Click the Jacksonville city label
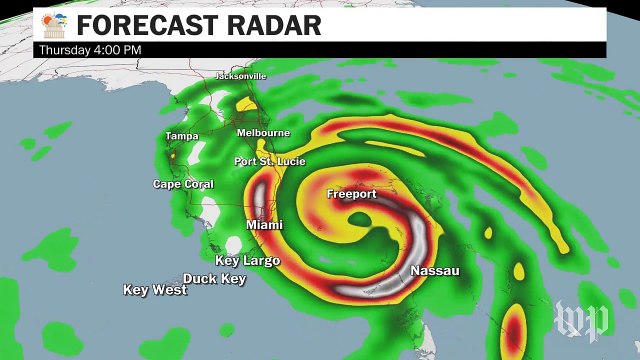pos(242,76)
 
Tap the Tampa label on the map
pos(181,136)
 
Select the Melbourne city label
pos(263,133)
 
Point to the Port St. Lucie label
pos(269,161)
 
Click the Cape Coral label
pos(179,184)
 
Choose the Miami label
pos(264,225)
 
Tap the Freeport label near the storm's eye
pos(352,194)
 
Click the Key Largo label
pos(248,260)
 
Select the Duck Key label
pos(214,278)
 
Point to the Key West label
pos(155,290)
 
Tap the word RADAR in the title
pos(274,25)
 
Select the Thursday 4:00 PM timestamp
pos(90,49)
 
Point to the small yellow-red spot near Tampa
pos(172,156)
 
